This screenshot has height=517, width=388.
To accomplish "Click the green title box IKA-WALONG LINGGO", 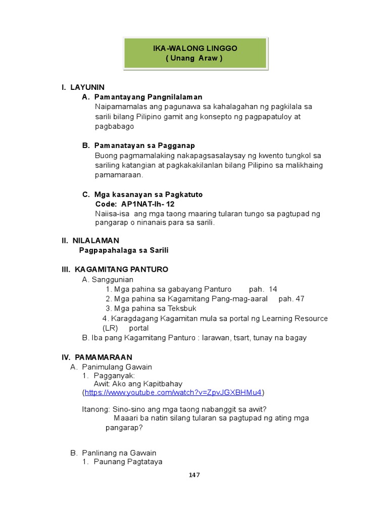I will [x=195, y=53].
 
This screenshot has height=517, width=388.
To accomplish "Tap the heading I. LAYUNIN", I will [x=83, y=87].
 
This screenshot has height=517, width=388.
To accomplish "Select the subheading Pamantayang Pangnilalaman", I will [x=148, y=97].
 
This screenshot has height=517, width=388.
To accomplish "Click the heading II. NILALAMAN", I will [x=90, y=241].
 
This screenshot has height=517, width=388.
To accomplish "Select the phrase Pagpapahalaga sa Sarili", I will [x=124, y=250].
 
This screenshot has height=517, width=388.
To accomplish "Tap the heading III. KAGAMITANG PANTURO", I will [x=115, y=270].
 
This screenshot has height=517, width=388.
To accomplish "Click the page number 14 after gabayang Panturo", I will [x=273, y=289].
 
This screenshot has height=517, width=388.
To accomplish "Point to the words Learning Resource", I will [x=295, y=319].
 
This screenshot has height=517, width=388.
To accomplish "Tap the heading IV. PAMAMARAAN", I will [x=96, y=357].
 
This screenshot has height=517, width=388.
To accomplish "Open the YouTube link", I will [x=173, y=392].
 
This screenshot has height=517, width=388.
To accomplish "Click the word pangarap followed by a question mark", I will [x=124, y=428].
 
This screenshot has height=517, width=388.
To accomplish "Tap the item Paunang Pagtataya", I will [x=128, y=461].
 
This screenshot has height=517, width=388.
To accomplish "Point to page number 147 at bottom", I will [x=194, y=475].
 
